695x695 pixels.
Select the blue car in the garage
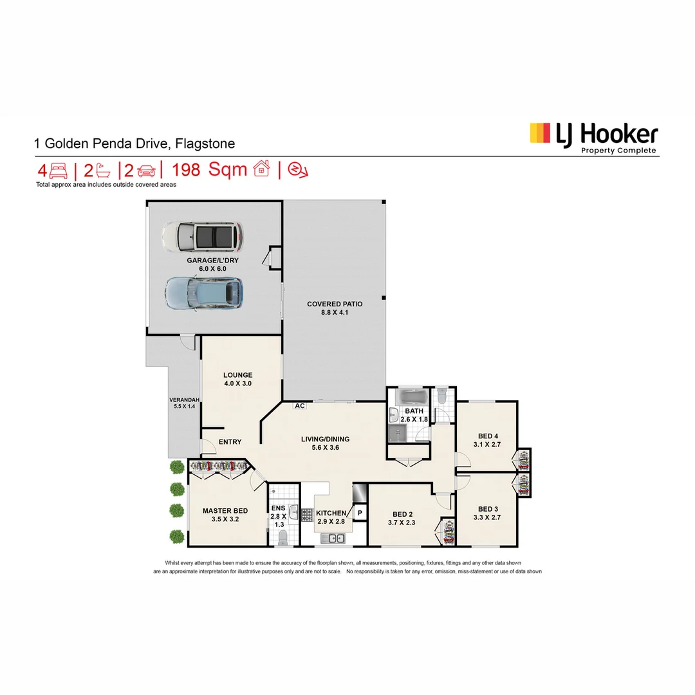203,293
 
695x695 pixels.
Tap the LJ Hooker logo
593,136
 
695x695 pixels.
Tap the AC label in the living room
300,406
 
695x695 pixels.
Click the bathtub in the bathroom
411,396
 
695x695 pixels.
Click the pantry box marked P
360,513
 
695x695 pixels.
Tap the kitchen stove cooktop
306,514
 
